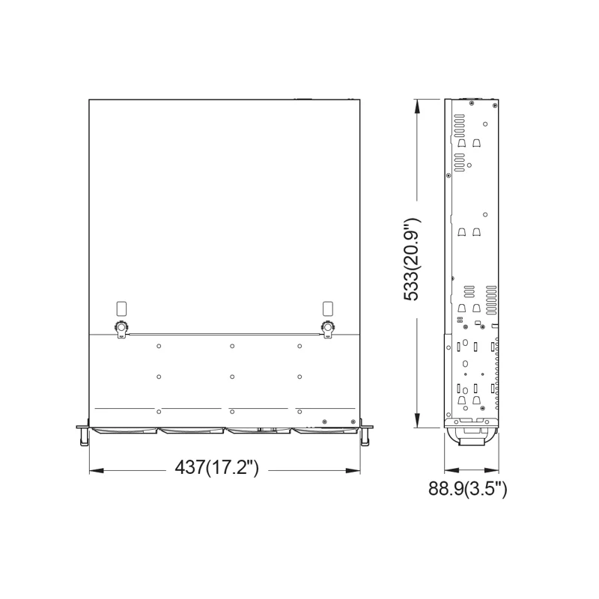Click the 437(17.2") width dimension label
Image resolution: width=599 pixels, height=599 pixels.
point(216,468)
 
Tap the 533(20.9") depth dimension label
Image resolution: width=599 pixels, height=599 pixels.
point(413,259)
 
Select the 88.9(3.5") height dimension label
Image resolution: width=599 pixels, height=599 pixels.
point(468,490)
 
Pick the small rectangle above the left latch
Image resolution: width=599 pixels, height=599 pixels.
point(121,307)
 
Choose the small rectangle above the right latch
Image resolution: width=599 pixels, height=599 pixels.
point(327,307)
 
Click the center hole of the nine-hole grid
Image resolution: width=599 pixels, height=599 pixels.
point(233,376)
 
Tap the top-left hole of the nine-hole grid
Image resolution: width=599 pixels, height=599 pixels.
point(159,346)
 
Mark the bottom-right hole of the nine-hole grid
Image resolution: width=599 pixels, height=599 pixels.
point(299,411)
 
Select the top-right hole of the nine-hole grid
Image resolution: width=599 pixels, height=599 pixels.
point(299,346)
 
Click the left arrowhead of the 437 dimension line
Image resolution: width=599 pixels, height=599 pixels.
point(94,470)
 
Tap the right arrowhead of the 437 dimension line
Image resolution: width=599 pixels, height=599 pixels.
point(354,470)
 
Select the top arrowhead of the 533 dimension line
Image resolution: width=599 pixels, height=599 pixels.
point(417,106)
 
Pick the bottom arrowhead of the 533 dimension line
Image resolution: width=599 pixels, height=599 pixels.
point(417,421)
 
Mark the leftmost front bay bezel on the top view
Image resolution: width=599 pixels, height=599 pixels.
point(124,431)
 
